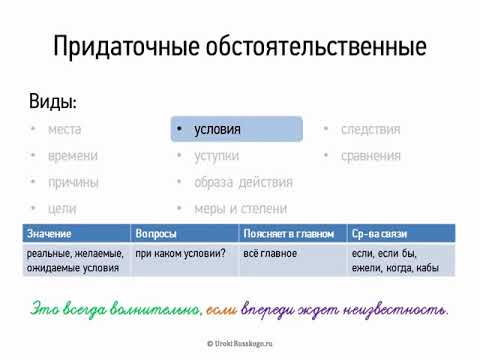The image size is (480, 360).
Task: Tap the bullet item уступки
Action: (217, 156)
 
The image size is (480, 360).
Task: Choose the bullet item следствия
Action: (370, 130)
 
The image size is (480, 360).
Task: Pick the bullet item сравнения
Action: (370, 156)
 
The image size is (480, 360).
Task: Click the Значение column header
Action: (50, 232)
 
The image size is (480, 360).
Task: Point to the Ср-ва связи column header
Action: (380, 232)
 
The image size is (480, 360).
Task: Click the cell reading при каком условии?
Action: (180, 254)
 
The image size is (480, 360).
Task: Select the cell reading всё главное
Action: (269, 254)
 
